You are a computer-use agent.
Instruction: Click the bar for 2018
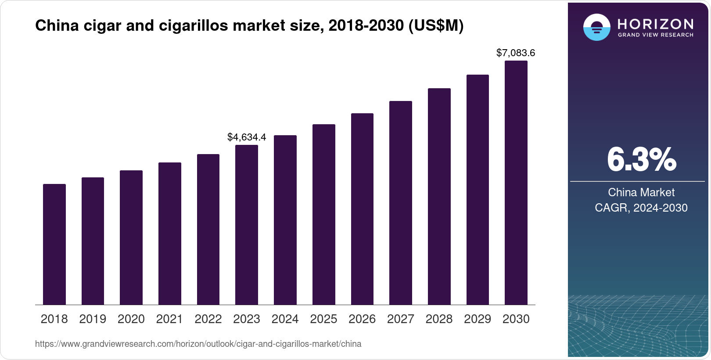[x=54, y=244]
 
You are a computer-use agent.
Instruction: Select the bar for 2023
[x=247, y=225]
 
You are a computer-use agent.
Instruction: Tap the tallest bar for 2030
[x=516, y=183]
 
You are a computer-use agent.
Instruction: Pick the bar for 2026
[x=362, y=209]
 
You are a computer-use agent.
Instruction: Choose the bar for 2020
[x=131, y=238]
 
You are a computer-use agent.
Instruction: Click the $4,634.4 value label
[x=247, y=137]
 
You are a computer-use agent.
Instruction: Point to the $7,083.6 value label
[x=516, y=53]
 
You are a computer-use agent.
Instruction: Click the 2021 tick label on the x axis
[x=169, y=319]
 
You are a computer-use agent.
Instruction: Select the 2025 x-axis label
[x=323, y=319]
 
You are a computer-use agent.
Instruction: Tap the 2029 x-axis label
[x=478, y=319]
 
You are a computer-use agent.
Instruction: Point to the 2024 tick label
[x=285, y=319]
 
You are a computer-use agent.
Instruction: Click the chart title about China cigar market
[x=249, y=26]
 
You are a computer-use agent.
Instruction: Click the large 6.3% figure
[x=641, y=160]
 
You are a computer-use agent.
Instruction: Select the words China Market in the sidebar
[x=641, y=192]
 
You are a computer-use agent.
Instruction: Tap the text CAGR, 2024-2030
[x=641, y=208]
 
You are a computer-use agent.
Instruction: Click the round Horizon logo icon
[x=596, y=27]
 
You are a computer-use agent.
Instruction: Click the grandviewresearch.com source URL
[x=198, y=344]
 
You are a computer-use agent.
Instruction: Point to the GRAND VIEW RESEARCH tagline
[x=656, y=35]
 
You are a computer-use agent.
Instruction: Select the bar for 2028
[x=439, y=197]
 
